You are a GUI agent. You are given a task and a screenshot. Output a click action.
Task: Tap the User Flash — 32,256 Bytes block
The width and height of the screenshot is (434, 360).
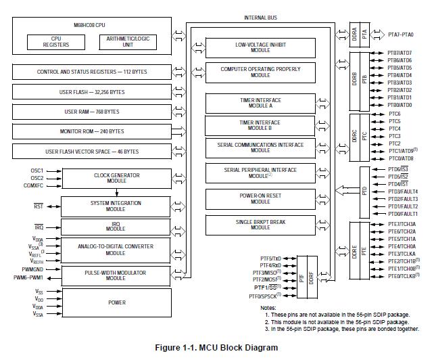(x=92, y=91)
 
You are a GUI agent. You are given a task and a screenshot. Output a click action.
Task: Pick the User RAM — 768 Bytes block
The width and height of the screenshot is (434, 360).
(x=92, y=112)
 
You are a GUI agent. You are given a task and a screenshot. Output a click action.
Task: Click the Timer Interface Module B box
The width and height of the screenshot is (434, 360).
(x=260, y=125)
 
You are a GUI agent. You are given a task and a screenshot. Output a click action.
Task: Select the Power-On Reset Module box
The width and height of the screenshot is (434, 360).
(x=260, y=198)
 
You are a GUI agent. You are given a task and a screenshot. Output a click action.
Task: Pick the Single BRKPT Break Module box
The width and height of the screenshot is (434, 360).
(x=260, y=224)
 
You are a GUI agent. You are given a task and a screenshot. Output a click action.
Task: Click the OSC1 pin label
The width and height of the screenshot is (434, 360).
(x=37, y=171)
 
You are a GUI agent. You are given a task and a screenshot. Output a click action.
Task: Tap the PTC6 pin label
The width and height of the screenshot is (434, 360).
(x=394, y=114)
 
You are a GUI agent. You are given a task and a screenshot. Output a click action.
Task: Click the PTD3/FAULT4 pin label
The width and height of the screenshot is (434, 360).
(x=402, y=192)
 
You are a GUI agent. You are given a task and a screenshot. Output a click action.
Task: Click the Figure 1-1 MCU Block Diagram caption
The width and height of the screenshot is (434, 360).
(x=216, y=348)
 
